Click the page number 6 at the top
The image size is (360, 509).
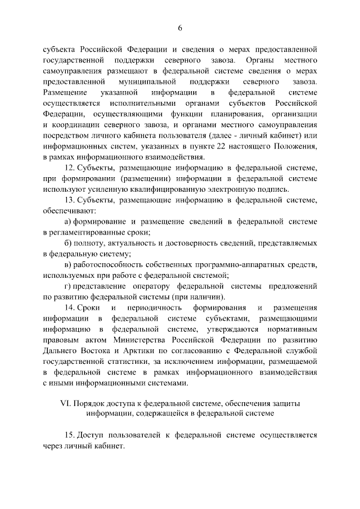[x=180, y=29]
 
